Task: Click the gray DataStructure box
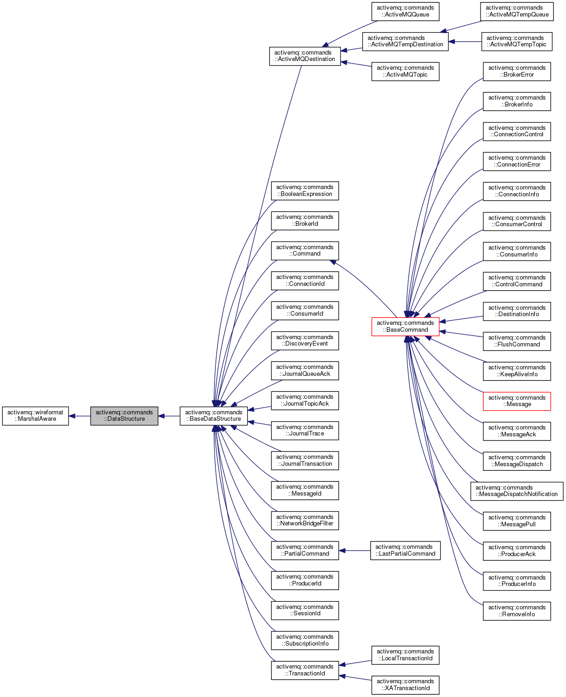(x=124, y=416)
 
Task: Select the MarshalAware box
(x=35, y=416)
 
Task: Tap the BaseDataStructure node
(x=213, y=416)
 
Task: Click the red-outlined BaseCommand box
(x=405, y=326)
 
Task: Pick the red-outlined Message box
(x=516, y=401)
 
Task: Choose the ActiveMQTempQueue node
(x=516, y=11)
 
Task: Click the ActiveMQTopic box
(x=405, y=72)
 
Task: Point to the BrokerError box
(x=516, y=72)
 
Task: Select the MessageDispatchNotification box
(x=516, y=491)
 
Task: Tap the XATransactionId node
(x=405, y=685)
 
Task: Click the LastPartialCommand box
(x=405, y=550)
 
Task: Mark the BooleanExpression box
(x=305, y=191)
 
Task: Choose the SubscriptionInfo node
(x=305, y=640)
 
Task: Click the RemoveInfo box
(x=516, y=611)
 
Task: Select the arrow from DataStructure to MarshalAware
(x=79, y=416)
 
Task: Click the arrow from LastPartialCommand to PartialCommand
(x=355, y=551)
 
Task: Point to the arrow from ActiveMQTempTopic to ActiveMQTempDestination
(x=465, y=42)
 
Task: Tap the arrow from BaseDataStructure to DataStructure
(x=169, y=416)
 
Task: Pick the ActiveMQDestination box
(x=305, y=56)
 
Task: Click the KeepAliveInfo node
(x=516, y=371)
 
